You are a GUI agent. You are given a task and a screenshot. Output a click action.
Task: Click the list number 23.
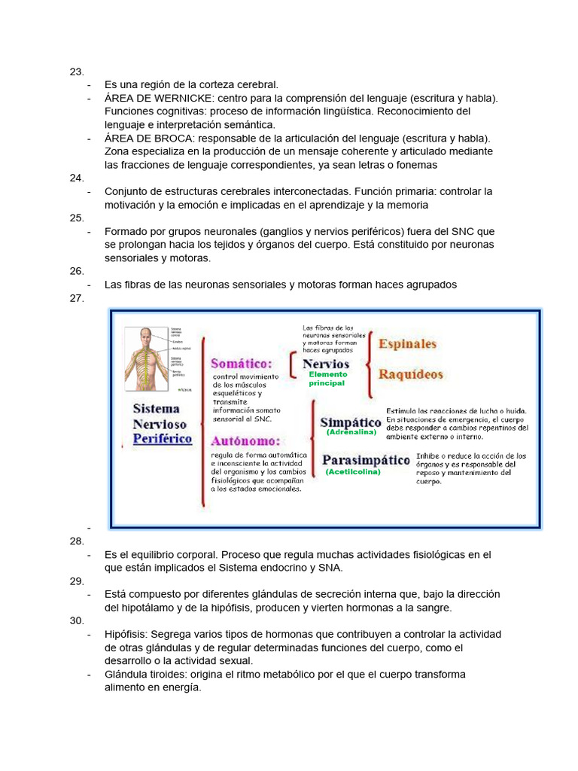pyautogui.click(x=76, y=72)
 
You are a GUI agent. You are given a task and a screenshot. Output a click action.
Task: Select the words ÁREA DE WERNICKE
pyautogui.click(x=151, y=99)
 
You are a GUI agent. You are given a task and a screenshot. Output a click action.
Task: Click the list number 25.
pyautogui.click(x=76, y=218)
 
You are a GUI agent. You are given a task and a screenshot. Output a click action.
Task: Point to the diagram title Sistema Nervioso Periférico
pyautogui.click(x=163, y=423)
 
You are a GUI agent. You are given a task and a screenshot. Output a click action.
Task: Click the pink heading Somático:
pyautogui.click(x=241, y=363)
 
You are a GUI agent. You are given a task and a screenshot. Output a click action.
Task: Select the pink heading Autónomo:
pyautogui.click(x=245, y=440)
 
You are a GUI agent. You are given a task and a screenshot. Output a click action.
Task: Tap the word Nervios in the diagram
pyautogui.click(x=326, y=364)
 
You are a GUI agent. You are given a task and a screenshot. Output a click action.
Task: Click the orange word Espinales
pyautogui.click(x=407, y=344)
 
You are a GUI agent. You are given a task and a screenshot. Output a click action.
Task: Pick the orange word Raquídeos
pyautogui.click(x=411, y=374)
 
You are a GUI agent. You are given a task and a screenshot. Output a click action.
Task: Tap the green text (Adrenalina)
pyautogui.click(x=351, y=433)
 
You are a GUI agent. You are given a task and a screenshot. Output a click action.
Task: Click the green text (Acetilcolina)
pyautogui.click(x=353, y=472)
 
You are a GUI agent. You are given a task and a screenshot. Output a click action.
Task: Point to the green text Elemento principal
pyautogui.click(x=328, y=379)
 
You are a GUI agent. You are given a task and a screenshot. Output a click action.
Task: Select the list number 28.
pyautogui.click(x=76, y=541)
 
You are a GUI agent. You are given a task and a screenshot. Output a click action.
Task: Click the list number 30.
pyautogui.click(x=76, y=620)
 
